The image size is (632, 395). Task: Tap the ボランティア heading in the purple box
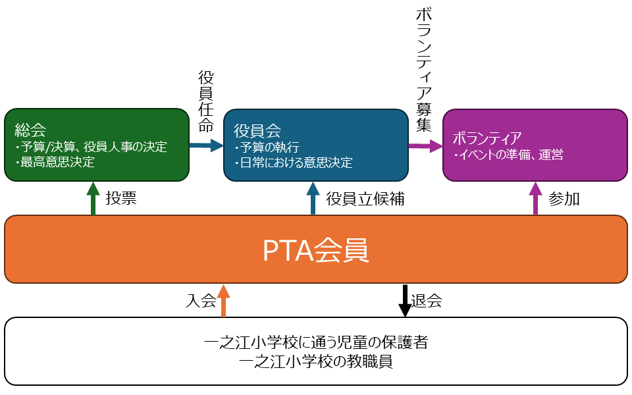click(487, 138)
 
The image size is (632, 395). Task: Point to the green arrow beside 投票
click(93, 198)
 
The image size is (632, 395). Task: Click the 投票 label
click(121, 199)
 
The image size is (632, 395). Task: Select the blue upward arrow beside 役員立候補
click(313, 198)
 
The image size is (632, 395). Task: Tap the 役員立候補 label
click(365, 199)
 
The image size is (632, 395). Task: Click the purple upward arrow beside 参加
click(535, 198)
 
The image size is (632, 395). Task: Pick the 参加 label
click(564, 199)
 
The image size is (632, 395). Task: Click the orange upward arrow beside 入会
click(224, 300)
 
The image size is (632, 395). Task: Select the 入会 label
click(201, 301)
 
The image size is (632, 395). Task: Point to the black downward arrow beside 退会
click(404, 300)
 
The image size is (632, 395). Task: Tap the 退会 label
click(427, 301)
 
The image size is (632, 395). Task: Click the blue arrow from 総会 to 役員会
click(207, 145)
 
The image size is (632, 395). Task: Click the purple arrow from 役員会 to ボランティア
click(425, 146)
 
